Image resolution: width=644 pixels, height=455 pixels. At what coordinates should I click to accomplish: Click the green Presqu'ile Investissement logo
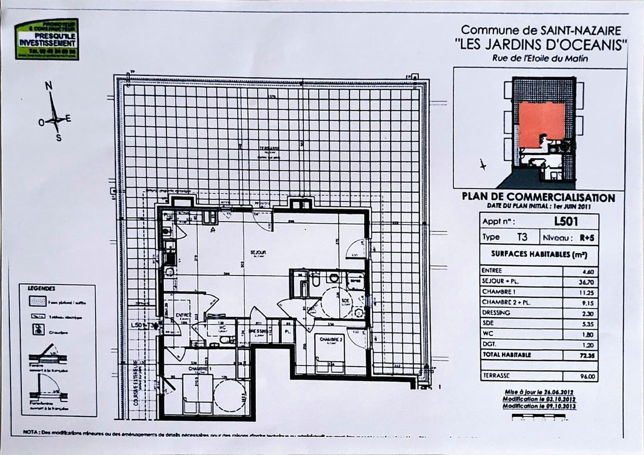[x=47, y=39]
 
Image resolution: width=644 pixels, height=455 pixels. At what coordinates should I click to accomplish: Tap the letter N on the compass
[x=49, y=86]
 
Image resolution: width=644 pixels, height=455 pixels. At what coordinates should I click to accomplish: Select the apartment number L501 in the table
[x=566, y=221]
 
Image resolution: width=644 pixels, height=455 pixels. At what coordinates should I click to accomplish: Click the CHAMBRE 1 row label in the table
[x=499, y=292]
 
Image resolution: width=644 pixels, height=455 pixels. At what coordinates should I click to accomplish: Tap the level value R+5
[x=586, y=238]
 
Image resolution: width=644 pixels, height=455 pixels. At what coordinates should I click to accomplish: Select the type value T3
[x=522, y=237]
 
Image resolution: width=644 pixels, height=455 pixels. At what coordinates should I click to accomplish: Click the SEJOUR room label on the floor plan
[x=258, y=252]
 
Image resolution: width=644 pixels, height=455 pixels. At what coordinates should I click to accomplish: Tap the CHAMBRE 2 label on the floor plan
[x=331, y=339]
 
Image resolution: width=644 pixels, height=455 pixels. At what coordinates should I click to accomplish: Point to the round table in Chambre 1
[x=229, y=394]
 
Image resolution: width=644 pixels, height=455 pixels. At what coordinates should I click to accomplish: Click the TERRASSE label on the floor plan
[x=269, y=148]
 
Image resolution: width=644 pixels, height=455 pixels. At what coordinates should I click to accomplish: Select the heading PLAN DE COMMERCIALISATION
[x=538, y=197]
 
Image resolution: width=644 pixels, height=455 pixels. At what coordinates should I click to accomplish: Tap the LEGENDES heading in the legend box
[x=41, y=289]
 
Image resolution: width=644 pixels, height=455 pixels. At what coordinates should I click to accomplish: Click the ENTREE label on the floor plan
[x=184, y=315]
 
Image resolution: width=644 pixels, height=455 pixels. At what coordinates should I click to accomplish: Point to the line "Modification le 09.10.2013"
[x=539, y=406]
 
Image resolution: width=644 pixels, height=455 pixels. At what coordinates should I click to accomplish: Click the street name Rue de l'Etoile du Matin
[x=540, y=58]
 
